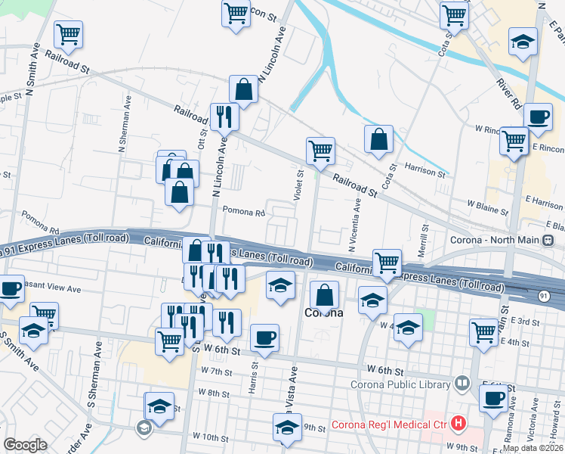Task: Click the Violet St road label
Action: point(299,186)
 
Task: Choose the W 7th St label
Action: point(217,372)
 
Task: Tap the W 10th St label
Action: point(210,437)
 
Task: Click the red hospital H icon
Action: point(457,422)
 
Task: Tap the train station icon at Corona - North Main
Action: point(548,241)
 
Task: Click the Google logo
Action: point(25,445)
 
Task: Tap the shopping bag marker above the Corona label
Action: point(324,294)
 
